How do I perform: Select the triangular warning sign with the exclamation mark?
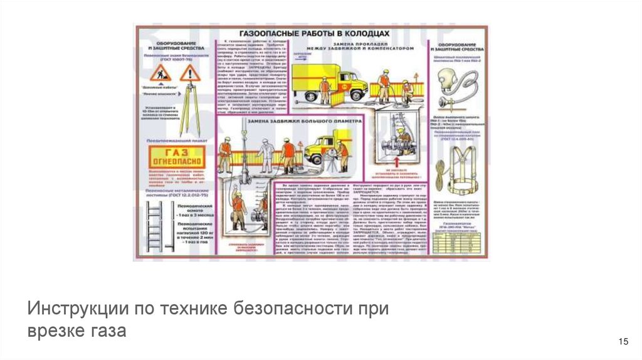point(188,74)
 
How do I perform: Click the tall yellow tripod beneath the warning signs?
point(188,110)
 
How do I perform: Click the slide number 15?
point(623,341)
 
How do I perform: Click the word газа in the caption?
point(113,331)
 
